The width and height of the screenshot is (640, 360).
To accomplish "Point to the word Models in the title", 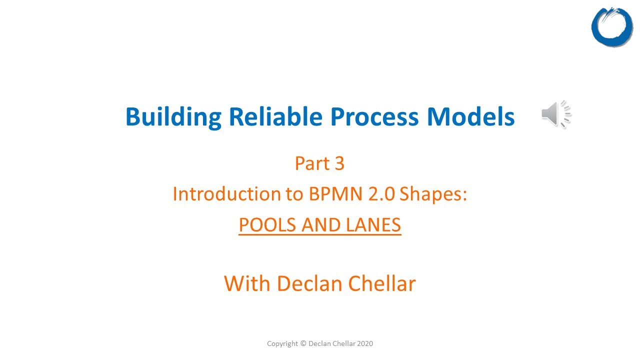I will click(x=470, y=116).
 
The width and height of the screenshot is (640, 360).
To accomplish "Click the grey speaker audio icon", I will click(x=555, y=114).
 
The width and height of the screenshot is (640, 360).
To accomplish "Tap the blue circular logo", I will click(x=612, y=27).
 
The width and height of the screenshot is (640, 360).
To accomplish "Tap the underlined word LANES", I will click(x=373, y=225).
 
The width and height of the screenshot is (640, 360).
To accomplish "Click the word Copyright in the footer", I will click(x=282, y=343).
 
